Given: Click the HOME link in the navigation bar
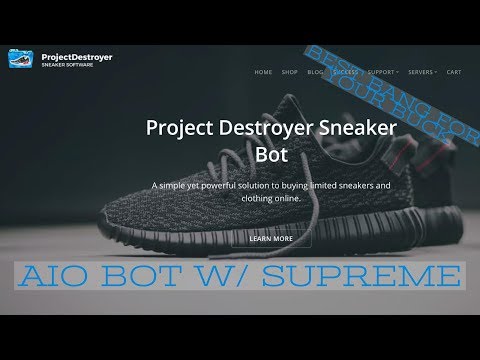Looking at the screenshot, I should tap(264, 72).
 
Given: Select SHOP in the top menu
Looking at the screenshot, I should tap(291, 72).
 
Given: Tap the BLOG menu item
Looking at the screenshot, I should tap(316, 72).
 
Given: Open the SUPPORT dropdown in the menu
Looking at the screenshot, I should tap(383, 72).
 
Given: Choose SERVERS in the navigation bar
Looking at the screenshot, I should tap(423, 72).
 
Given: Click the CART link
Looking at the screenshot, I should tap(453, 72).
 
